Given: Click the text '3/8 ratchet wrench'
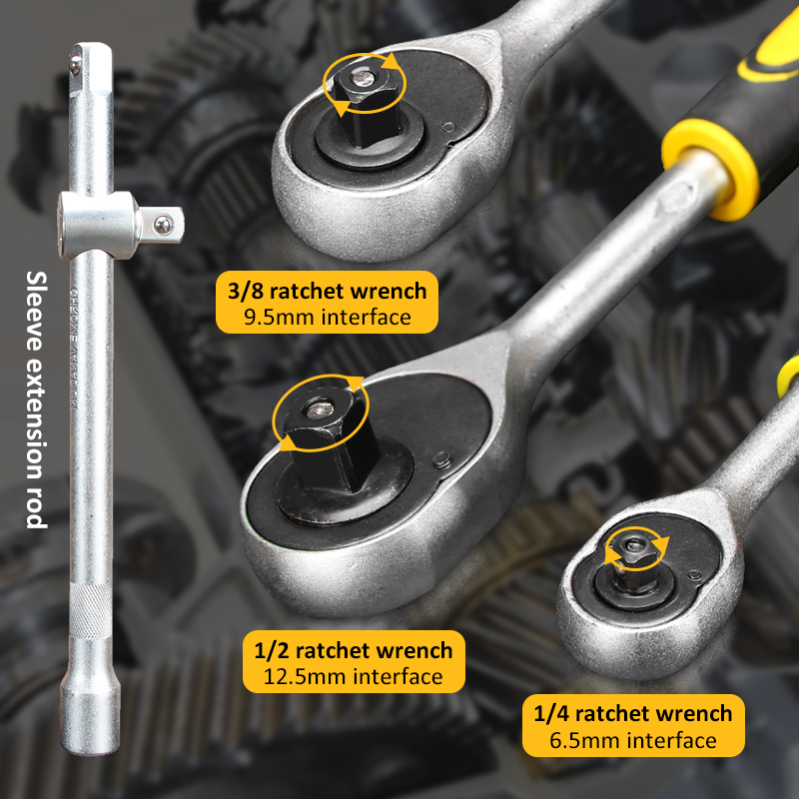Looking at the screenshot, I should point(327,291).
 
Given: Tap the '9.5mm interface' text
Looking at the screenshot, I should point(327,318).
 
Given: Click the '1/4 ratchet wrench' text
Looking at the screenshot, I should point(633,713).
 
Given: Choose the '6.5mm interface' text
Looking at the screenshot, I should point(633,740).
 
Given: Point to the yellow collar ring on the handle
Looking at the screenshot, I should point(711,165).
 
